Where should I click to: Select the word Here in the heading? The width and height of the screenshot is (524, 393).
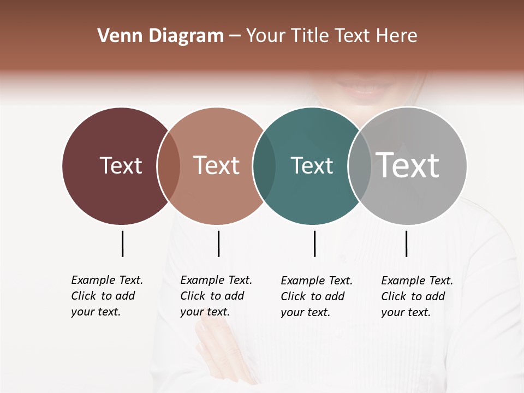point(398,36)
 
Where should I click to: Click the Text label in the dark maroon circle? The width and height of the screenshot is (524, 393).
point(121,165)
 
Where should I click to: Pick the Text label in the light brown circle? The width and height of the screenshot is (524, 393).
point(217,165)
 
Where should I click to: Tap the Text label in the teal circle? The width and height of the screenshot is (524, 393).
point(312,165)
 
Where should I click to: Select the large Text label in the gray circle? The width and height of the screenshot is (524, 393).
point(408,165)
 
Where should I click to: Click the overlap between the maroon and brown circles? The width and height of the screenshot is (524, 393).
point(169,166)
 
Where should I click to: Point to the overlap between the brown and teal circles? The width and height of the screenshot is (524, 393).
point(264,166)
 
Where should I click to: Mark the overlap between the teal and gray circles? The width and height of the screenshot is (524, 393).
point(359,166)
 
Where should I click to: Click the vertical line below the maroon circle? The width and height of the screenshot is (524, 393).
point(122,243)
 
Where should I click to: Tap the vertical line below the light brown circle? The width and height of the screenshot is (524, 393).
point(218,243)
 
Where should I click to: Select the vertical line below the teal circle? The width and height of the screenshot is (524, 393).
point(314,243)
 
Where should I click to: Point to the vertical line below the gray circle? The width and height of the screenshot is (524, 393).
point(406,243)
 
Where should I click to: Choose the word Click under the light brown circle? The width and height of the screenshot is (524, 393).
point(193,296)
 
